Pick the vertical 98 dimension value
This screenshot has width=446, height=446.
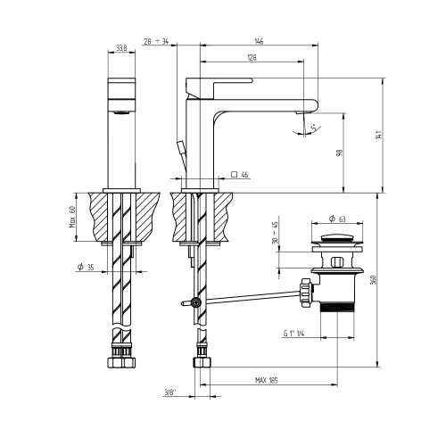340,153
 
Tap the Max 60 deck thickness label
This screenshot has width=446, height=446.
72,215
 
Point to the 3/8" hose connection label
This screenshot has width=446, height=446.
170,390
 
